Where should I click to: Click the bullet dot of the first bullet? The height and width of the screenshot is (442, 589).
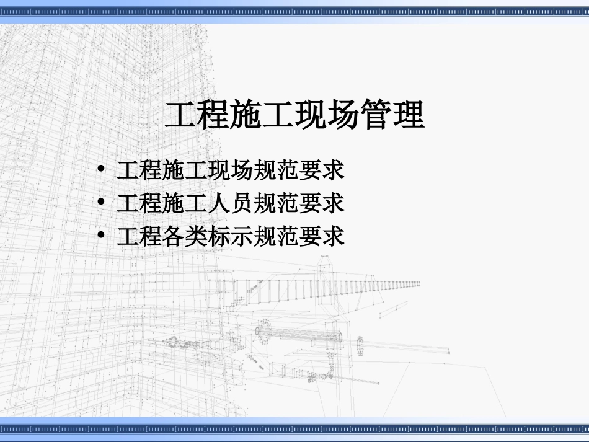(102, 169)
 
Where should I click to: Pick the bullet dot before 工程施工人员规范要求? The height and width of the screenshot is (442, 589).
(102, 202)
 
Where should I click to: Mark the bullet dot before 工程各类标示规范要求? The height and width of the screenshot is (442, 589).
(102, 236)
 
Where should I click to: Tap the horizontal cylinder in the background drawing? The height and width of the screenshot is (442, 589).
(304, 335)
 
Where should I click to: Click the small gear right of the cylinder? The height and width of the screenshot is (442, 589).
(360, 346)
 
